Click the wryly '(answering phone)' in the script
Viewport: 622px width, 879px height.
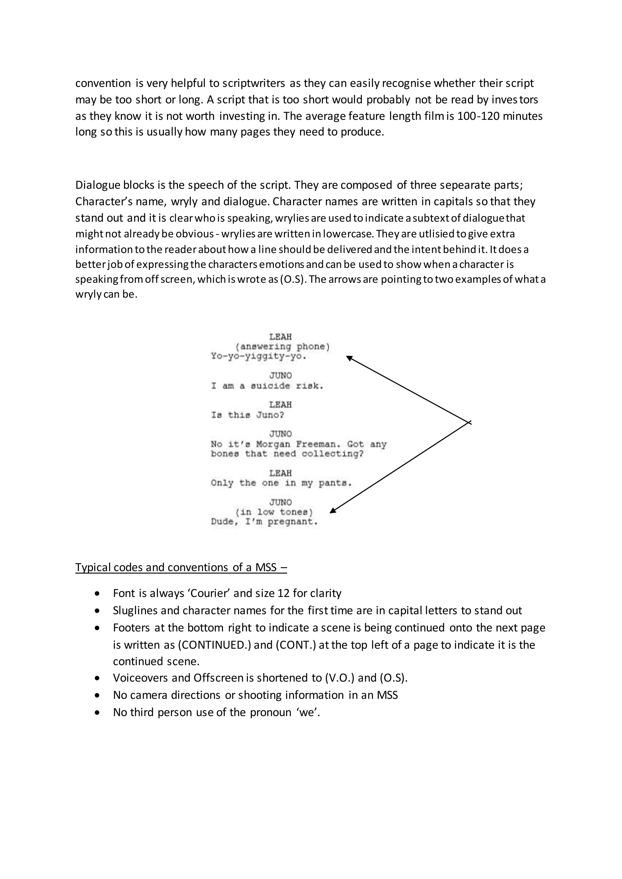[x=282, y=347]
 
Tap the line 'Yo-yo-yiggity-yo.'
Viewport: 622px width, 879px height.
[x=259, y=356]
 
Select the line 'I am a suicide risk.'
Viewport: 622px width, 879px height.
[x=267, y=386]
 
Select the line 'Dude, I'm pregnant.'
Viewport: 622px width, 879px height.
[x=264, y=522]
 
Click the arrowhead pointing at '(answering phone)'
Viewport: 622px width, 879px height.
[x=349, y=358]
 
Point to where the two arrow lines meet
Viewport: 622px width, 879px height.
[x=469, y=422]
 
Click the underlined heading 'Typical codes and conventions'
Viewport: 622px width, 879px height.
[x=181, y=567]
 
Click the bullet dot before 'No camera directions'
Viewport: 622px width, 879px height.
[x=98, y=695]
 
